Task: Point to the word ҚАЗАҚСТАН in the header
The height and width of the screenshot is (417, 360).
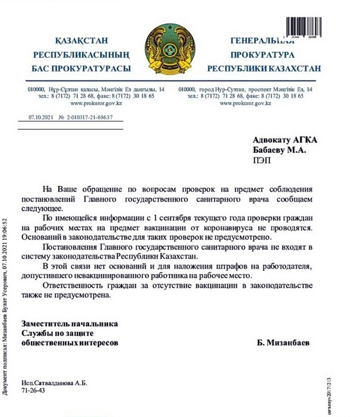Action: [79, 41]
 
